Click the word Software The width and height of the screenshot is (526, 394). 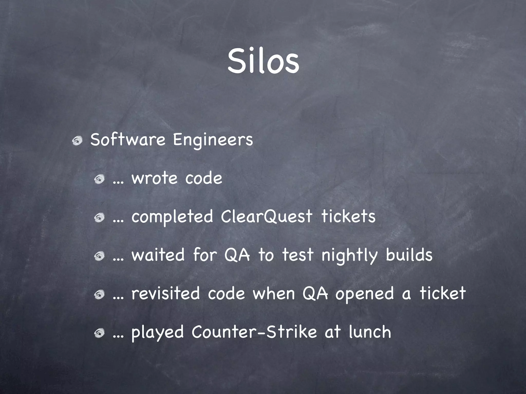(x=128, y=140)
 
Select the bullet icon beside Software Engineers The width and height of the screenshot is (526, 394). (x=77, y=141)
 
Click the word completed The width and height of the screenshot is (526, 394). (x=172, y=217)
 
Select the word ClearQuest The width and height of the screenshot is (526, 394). (x=267, y=217)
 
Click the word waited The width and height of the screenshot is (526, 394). (x=158, y=255)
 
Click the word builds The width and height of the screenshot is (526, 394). (x=409, y=255)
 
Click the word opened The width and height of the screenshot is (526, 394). (x=364, y=294)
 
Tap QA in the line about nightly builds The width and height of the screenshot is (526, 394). (x=237, y=255)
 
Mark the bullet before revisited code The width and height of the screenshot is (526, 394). (x=99, y=294)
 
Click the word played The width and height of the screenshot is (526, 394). (x=157, y=332)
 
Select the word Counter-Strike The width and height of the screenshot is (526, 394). (x=254, y=332)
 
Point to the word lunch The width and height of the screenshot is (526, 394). (x=370, y=332)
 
